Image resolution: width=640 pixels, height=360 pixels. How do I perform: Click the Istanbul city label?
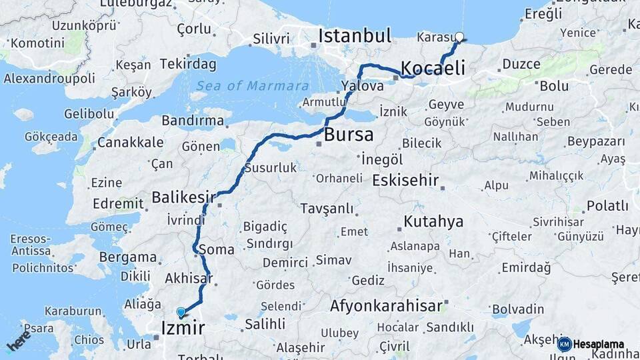(x=354, y=36)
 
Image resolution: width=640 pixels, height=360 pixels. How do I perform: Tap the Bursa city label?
(x=349, y=135)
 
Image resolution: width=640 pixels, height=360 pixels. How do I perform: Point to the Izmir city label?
(x=183, y=327)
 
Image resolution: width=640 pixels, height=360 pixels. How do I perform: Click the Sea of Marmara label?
(x=253, y=86)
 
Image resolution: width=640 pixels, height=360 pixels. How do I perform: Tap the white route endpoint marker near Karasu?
(x=459, y=37)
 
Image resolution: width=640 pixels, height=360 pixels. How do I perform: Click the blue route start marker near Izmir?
(x=181, y=311)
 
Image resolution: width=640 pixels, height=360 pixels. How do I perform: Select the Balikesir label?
(x=183, y=197)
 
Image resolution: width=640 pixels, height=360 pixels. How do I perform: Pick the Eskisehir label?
(x=405, y=180)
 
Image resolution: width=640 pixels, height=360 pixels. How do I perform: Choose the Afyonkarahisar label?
(x=386, y=306)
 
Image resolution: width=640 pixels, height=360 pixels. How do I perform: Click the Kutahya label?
(x=433, y=222)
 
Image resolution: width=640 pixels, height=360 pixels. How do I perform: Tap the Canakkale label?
(x=131, y=142)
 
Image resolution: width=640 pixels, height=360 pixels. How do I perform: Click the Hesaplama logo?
(x=591, y=344)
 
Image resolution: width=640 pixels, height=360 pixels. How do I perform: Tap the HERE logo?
(x=19, y=341)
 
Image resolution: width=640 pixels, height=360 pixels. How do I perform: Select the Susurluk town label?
(x=270, y=168)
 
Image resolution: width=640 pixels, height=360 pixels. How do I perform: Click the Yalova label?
(x=362, y=86)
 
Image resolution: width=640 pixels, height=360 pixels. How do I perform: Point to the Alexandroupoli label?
(x=49, y=78)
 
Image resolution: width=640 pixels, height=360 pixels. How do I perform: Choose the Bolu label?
(x=554, y=86)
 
